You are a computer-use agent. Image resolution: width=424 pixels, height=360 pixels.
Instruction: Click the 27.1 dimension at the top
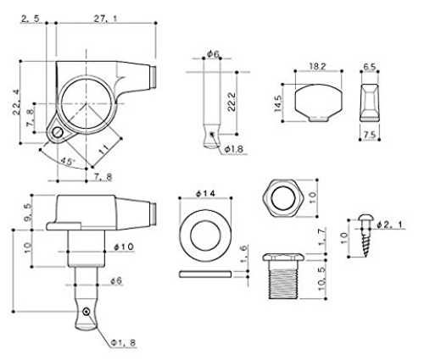(x=105, y=19)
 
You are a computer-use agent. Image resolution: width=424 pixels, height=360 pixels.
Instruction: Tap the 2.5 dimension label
(x=30, y=19)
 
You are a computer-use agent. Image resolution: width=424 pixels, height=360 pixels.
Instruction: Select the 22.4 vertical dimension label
(x=16, y=102)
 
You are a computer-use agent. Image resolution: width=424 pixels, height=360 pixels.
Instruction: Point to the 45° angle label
(x=68, y=161)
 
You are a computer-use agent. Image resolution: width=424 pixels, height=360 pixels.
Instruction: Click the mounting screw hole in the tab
(x=58, y=132)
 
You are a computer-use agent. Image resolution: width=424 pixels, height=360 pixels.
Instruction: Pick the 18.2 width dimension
(x=317, y=67)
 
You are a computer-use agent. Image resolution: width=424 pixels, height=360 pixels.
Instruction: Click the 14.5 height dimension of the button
(x=278, y=103)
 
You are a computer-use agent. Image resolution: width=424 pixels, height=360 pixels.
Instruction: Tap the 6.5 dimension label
(x=370, y=67)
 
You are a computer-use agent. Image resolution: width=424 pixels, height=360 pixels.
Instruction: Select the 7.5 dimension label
(x=370, y=135)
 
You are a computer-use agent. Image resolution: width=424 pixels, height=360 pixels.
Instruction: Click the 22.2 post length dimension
(x=232, y=102)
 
